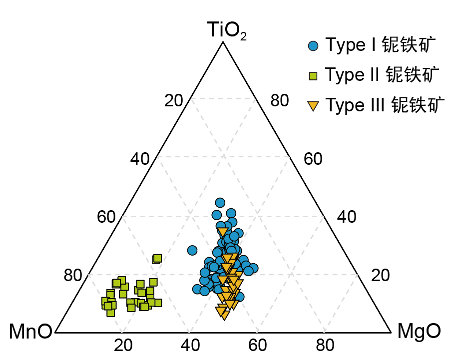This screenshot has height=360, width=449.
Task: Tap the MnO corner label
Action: tap(30, 332)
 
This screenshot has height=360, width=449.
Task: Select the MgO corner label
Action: tap(419, 332)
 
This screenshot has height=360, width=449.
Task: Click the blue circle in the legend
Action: tap(313, 46)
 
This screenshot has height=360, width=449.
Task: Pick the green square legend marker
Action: tap(313, 76)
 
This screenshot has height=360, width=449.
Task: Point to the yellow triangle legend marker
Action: tap(313, 106)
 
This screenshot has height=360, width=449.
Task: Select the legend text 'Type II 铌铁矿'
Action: tap(382, 75)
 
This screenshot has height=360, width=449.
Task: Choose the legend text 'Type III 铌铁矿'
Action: tap(385, 105)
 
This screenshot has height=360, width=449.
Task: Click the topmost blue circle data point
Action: tap(220, 202)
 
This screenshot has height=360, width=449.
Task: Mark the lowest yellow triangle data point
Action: tap(225, 315)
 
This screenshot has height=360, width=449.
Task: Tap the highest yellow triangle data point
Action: tap(222, 232)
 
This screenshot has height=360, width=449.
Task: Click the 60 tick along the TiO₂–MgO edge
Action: tap(313, 159)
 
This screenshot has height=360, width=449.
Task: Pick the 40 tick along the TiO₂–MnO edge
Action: tap(140, 159)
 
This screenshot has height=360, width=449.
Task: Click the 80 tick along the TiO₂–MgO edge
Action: tap(279, 101)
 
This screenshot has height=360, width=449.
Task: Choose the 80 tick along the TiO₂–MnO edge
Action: tap(73, 275)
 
